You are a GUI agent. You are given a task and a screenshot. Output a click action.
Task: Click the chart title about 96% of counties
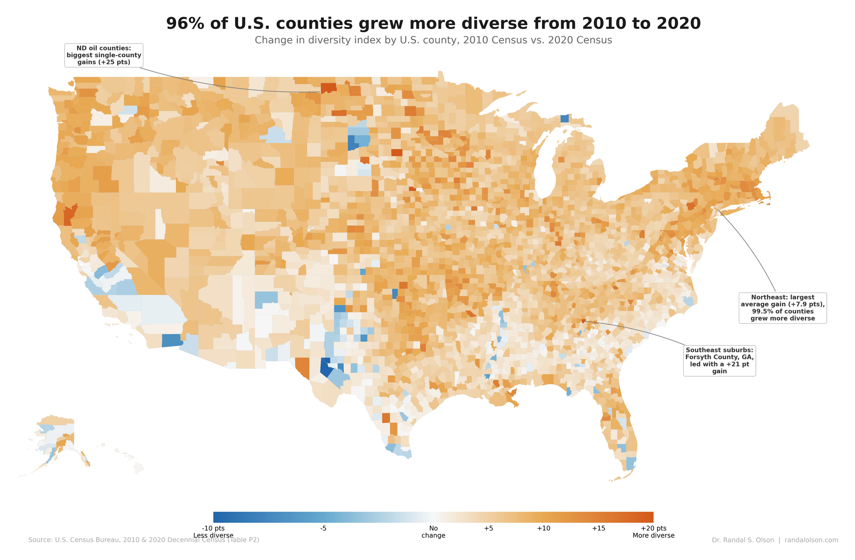tap(433, 24)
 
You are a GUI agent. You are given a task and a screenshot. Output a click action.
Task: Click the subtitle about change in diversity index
tap(433, 41)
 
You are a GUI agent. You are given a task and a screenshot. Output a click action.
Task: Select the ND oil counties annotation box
tap(103, 55)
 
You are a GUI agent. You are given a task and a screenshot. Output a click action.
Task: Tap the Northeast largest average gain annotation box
tap(782, 308)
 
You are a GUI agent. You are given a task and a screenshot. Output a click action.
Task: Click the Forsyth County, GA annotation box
tap(719, 360)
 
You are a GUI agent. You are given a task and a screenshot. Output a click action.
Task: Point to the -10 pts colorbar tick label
tap(213, 528)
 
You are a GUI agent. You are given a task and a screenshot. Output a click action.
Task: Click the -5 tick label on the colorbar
tap(323, 528)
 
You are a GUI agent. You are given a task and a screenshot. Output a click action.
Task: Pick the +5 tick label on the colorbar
tap(488, 528)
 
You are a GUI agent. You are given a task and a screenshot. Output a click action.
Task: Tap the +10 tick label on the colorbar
tap(543, 528)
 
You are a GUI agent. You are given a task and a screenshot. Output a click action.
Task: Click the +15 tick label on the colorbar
tap(598, 528)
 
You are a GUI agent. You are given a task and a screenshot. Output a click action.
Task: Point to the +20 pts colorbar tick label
tap(653, 528)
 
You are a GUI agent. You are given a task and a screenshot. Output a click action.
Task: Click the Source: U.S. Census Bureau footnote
tap(144, 540)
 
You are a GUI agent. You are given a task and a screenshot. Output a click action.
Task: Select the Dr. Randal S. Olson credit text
tap(775, 540)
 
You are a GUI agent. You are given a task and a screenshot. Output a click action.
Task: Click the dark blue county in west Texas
tap(325, 368)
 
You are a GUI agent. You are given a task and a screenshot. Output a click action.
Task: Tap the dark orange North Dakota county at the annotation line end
tap(328, 88)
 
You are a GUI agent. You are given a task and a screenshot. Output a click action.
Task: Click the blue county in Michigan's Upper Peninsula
tap(565, 118)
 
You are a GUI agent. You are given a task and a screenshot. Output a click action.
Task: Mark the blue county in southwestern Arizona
tap(172, 341)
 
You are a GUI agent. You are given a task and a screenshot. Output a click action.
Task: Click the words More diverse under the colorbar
tap(653, 536)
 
